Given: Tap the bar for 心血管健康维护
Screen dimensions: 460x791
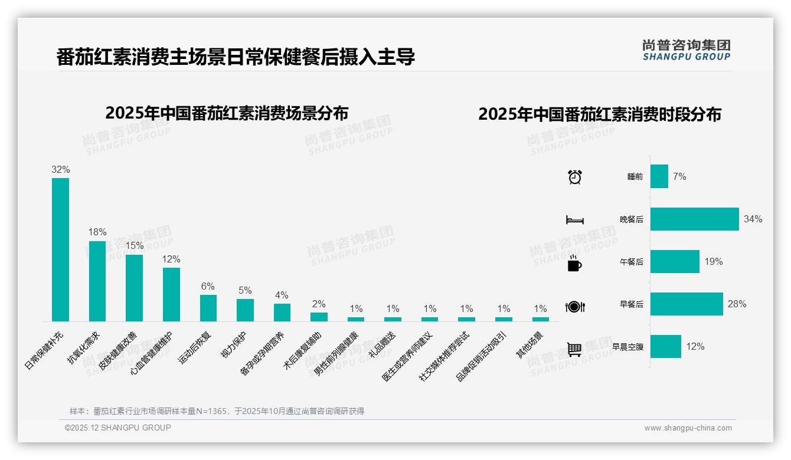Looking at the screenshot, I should point(171,294).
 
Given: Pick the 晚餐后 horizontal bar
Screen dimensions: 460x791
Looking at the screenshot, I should point(694,219).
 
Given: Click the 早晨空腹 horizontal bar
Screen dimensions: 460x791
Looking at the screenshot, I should point(665,347).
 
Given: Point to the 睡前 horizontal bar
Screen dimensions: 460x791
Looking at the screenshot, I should point(659,176).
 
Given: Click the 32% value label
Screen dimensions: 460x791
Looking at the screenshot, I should point(60,170).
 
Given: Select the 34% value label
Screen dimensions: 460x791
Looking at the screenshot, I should point(753,219).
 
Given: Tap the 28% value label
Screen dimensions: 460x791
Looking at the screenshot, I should point(737,304).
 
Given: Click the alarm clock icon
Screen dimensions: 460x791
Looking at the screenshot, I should point(574,177).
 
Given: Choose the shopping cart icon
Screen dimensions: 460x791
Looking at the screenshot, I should point(574,349).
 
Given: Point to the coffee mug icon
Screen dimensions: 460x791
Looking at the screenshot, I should point(574,263).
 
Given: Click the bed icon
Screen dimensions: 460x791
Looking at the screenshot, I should point(574,220).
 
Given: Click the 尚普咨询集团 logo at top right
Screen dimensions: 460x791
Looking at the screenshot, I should point(686,50).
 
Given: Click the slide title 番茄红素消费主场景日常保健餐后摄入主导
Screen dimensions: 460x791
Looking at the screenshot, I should point(236,57).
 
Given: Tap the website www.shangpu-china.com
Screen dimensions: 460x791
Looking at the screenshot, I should point(688,428).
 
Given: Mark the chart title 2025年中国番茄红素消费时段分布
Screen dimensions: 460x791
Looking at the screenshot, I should point(599,114).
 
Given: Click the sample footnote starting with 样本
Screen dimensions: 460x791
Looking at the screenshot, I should point(217,411).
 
